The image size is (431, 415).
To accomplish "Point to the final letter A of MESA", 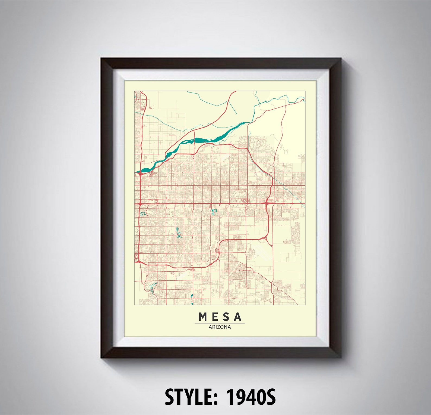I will (x=238, y=317).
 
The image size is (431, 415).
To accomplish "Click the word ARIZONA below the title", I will (x=220, y=327).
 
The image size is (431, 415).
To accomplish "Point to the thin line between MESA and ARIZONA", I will (x=220, y=323).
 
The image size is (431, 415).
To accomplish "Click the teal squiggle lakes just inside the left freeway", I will (x=143, y=214).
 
